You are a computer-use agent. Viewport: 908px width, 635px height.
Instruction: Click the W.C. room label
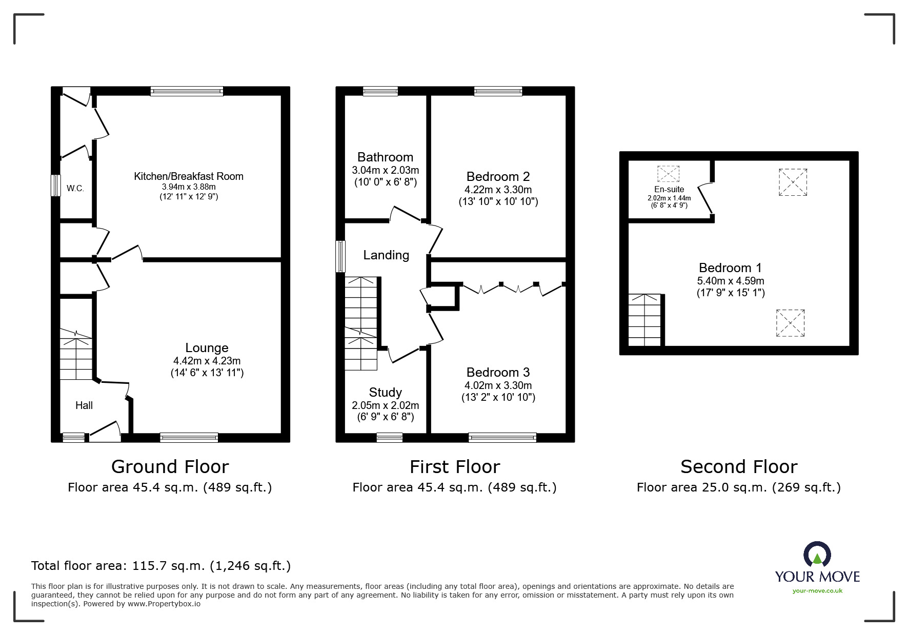(x=75, y=189)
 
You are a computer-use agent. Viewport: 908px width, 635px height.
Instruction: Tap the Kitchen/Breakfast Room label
(x=189, y=176)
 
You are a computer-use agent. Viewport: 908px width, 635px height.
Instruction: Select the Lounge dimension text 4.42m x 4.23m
(x=207, y=361)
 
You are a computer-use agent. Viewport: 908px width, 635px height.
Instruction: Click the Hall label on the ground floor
(x=84, y=405)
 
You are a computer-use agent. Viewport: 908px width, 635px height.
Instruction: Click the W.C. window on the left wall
(x=55, y=186)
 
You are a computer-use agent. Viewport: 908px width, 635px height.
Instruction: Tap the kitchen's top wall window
(x=187, y=91)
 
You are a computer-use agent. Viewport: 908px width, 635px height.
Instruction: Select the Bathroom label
(x=385, y=157)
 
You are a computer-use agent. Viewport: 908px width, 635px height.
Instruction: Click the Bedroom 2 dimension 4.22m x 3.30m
(x=498, y=190)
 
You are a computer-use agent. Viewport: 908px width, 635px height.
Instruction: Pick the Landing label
(x=386, y=255)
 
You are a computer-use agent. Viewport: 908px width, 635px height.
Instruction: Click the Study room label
(x=385, y=393)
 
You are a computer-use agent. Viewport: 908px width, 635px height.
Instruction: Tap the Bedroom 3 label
(x=498, y=373)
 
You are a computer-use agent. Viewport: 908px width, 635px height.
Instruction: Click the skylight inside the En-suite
(x=668, y=174)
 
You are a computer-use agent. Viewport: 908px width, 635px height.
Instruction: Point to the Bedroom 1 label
(x=730, y=268)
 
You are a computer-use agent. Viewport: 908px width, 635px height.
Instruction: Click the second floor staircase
(x=645, y=320)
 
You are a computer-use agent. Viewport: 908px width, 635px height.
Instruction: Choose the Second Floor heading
(x=738, y=467)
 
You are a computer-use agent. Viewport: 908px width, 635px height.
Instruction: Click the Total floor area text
(x=161, y=566)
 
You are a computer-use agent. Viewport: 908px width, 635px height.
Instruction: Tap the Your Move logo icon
(x=817, y=555)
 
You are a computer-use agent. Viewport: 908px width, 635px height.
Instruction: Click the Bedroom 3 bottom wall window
(x=502, y=438)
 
